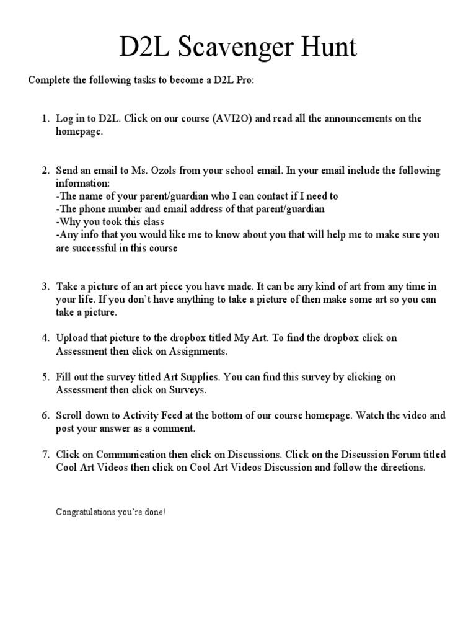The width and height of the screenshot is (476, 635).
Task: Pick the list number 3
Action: point(45,286)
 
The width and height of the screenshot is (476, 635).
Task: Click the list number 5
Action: point(45,377)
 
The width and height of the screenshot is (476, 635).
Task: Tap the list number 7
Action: point(45,455)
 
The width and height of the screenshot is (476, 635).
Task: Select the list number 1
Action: point(45,118)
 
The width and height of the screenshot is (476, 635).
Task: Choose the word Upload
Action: point(71,338)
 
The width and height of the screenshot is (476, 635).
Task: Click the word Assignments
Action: point(199,352)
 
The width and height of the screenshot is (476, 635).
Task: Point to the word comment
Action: point(175,429)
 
